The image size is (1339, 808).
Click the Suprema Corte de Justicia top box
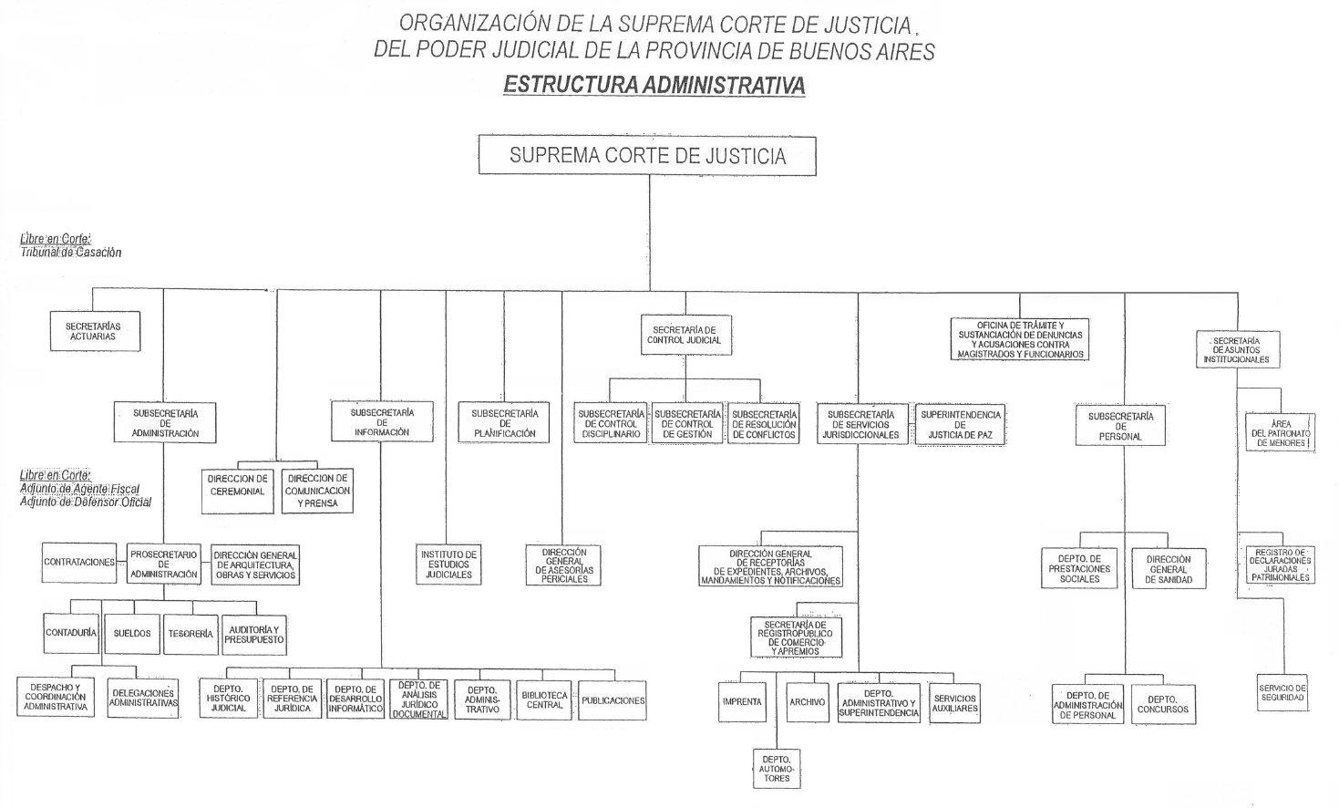tap(647, 155)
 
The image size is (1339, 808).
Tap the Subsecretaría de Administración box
tap(165, 422)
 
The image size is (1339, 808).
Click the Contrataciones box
tap(79, 563)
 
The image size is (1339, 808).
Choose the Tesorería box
tap(191, 633)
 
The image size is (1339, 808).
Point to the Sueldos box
tap(132, 633)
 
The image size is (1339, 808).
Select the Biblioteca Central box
tap(545, 700)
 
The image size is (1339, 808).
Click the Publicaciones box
tap(613, 700)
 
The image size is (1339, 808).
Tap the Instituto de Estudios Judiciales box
tap(448, 565)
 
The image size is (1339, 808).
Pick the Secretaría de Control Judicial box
tap(684, 335)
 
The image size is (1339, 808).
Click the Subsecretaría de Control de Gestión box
tap(687, 424)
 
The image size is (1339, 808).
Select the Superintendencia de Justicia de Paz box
tap(960, 424)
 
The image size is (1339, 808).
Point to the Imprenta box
tap(742, 702)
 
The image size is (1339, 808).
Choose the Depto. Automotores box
tap(777, 768)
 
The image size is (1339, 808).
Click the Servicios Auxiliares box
tap(954, 702)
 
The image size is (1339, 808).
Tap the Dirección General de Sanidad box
tap(1169, 569)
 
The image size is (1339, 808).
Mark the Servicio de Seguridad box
tap(1282, 693)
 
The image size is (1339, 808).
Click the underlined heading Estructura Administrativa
tap(654, 85)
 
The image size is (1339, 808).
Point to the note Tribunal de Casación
tap(71, 253)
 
